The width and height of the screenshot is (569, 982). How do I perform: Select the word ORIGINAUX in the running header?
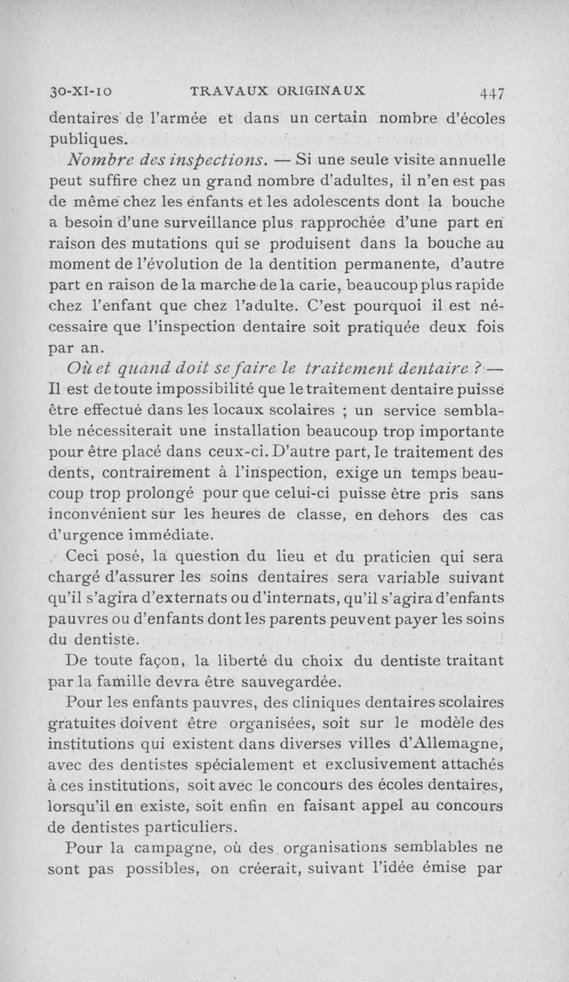303,91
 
